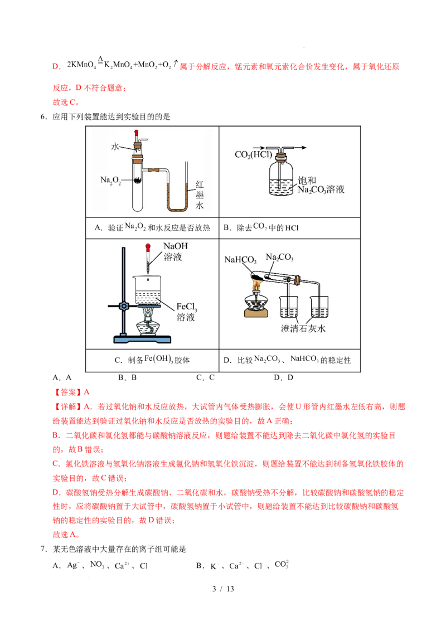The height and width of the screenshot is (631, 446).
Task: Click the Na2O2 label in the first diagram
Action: click(x=111, y=179)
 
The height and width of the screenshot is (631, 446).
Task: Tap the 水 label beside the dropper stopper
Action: click(x=115, y=147)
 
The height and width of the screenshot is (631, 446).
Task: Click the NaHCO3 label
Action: click(x=240, y=260)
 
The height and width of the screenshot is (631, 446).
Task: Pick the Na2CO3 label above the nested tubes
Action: click(x=279, y=257)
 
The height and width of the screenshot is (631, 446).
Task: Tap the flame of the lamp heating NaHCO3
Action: click(x=256, y=286)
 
